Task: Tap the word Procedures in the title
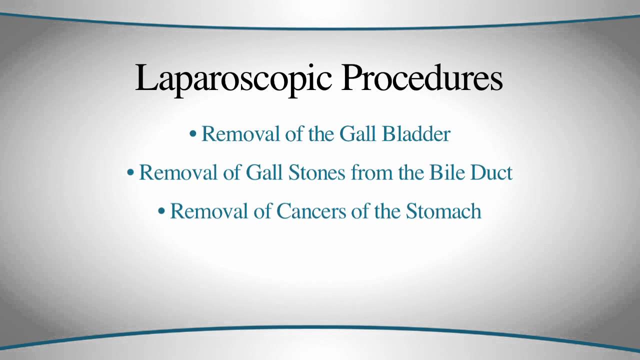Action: [x=421, y=77]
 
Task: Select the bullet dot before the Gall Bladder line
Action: [x=193, y=133]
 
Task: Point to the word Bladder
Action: [x=416, y=133]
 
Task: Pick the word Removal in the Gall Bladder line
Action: [x=240, y=133]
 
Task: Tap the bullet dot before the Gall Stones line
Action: [x=130, y=172]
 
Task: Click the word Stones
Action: [x=316, y=172]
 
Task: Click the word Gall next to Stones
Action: [x=264, y=172]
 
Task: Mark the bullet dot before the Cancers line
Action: [x=161, y=211]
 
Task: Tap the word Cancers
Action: [x=311, y=211]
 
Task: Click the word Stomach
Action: [x=443, y=211]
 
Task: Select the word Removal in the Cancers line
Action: [x=209, y=211]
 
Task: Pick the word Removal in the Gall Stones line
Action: [x=178, y=172]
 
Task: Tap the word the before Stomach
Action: [x=387, y=211]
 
